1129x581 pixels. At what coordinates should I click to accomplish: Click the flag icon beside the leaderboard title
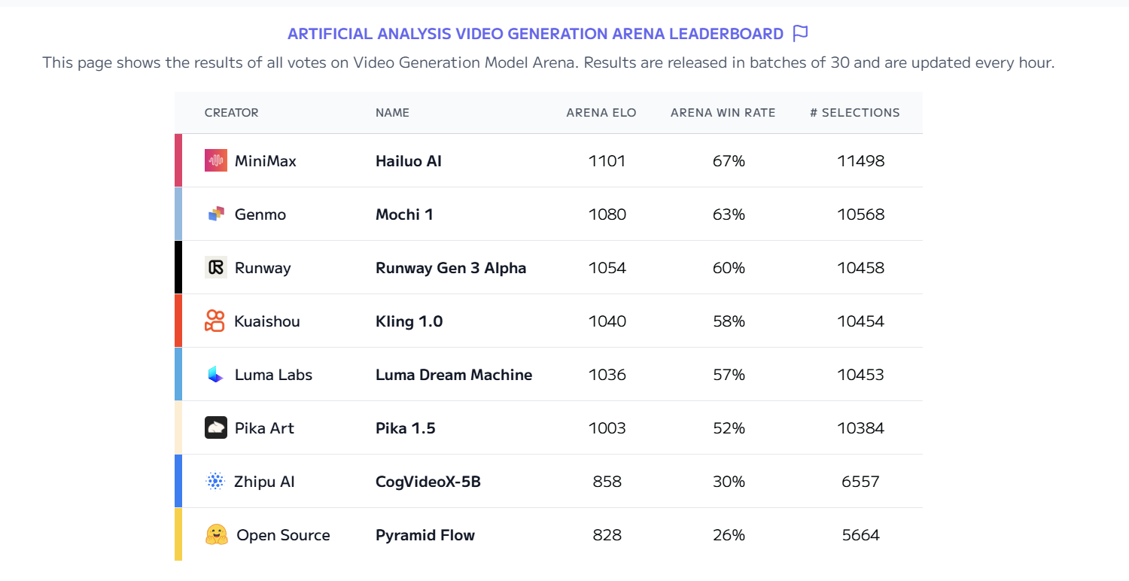(x=800, y=34)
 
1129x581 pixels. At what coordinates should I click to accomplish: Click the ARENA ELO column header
(x=601, y=113)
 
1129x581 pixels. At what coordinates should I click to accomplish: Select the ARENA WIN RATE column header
(x=723, y=113)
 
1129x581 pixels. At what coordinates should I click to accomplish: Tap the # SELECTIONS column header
(x=854, y=113)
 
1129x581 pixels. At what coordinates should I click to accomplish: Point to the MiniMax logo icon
(x=216, y=160)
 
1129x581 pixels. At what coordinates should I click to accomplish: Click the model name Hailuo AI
(x=409, y=161)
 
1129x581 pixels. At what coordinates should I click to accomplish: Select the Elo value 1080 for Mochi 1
(x=607, y=214)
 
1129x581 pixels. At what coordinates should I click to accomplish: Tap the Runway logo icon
(x=216, y=267)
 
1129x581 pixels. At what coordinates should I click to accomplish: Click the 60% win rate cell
(x=729, y=268)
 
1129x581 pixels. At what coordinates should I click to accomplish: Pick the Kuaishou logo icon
(x=215, y=321)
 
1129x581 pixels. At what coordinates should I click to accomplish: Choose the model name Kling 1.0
(x=409, y=321)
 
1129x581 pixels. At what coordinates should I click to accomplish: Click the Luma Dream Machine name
(x=454, y=375)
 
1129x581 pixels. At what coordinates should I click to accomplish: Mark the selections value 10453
(x=860, y=375)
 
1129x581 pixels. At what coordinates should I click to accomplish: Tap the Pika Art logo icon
(x=216, y=427)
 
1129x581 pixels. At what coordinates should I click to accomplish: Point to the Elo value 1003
(x=607, y=428)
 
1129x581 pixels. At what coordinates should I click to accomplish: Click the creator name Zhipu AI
(x=264, y=482)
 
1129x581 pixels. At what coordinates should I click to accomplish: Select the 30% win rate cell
(x=729, y=482)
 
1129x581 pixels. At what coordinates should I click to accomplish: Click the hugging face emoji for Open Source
(x=217, y=534)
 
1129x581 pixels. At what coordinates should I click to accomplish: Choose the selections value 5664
(x=860, y=535)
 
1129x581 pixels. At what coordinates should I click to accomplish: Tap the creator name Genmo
(x=260, y=214)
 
